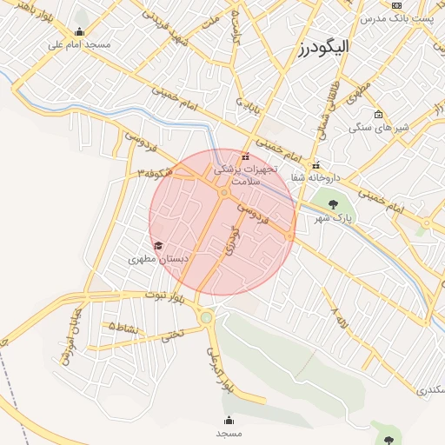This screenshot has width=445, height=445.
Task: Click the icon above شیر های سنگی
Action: click(378, 114)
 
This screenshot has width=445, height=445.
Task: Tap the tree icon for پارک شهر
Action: click(333, 205)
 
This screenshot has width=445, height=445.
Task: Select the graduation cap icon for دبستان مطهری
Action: click(157, 246)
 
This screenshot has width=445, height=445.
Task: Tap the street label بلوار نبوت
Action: click(166, 296)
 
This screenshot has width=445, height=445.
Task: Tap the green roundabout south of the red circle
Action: click(206, 318)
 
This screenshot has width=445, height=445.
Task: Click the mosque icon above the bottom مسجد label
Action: click(229, 420)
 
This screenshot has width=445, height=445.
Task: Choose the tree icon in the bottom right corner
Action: click(388, 441)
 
